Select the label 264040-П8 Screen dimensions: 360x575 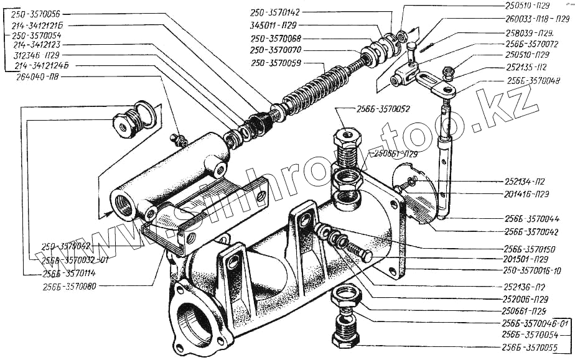(x=35, y=76)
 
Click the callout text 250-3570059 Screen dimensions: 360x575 (x=278, y=62)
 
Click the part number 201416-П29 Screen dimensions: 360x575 (x=526, y=194)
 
